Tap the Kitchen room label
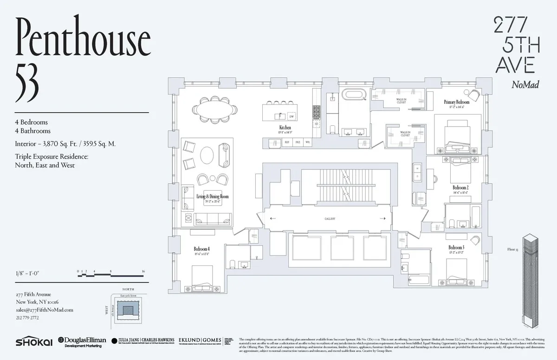pyautogui.click(x=285, y=127)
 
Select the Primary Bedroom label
pyautogui.click(x=456, y=102)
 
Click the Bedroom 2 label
pyautogui.click(x=460, y=188)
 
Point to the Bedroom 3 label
pyautogui.click(x=456, y=248)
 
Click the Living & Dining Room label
pyautogui.click(x=212, y=197)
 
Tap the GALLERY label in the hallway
pyautogui.click(x=330, y=219)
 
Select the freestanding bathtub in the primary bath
pyautogui.click(x=355, y=96)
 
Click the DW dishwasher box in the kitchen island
pyautogui.click(x=291, y=116)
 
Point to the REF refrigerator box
pyautogui.click(x=287, y=143)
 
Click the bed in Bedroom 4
pyautogui.click(x=202, y=278)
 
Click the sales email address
pyautogui.click(x=44, y=310)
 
